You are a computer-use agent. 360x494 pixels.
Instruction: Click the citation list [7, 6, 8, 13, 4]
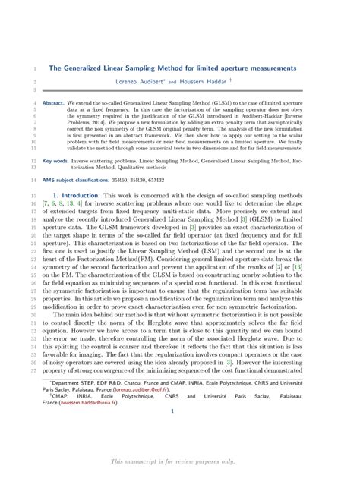point(62,205)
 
